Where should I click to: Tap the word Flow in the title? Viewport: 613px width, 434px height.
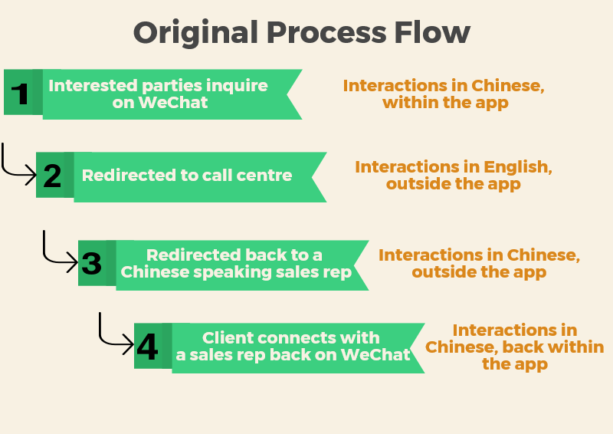pyautogui.click(x=432, y=32)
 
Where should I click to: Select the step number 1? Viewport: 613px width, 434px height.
pyautogui.click(x=20, y=94)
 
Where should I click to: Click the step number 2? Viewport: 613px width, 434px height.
pyautogui.click(x=52, y=176)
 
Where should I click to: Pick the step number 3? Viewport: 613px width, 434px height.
pyautogui.click(x=91, y=263)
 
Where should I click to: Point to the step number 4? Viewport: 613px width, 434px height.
pyautogui.click(x=147, y=347)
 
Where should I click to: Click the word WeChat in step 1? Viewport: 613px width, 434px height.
pyautogui.click(x=173, y=103)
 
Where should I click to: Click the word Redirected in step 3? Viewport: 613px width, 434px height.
pyautogui.click(x=188, y=255)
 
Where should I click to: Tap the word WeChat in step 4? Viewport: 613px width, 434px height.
pyautogui.click(x=375, y=354)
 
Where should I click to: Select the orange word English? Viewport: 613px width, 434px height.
pyautogui.click(x=518, y=168)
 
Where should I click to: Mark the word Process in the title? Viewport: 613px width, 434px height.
pyautogui.click(x=326, y=32)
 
